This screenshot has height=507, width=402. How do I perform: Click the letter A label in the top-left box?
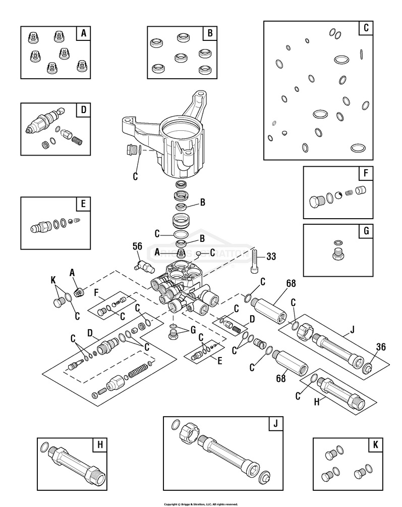pos(84,33)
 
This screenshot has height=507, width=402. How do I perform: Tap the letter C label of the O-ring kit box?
pos(364,28)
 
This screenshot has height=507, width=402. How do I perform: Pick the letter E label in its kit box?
pos(84,204)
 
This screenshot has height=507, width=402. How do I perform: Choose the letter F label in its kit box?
pos(365,174)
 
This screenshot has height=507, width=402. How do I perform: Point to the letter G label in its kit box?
pos(365,231)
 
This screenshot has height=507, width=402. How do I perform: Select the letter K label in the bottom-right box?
pos(375,445)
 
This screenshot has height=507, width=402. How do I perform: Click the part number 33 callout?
pos(271,257)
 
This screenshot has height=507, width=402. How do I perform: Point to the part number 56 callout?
pos(137,246)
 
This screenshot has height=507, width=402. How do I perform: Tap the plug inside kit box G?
pos(338,252)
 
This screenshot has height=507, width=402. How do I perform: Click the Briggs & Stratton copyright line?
pos(201,503)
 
